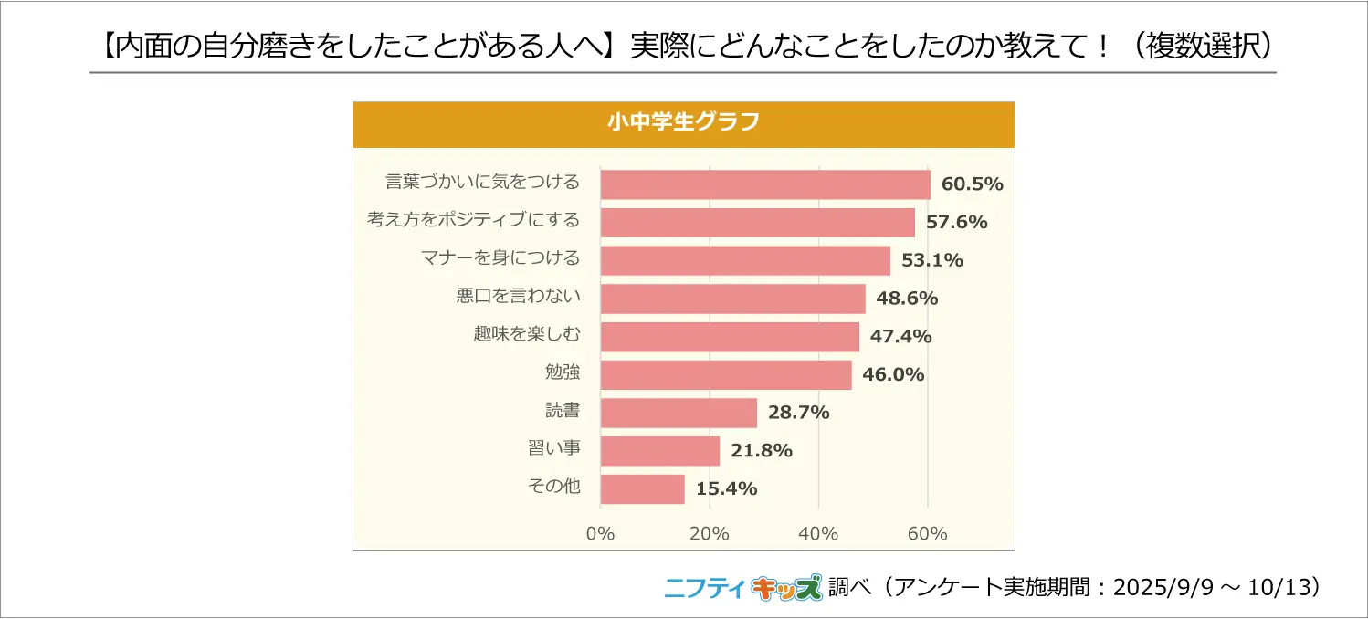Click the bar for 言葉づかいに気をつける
765,184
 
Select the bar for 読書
679,413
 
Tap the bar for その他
642,489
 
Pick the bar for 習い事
659,451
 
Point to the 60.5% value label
973,184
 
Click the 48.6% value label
907,299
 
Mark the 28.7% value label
798,413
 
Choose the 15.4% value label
726,489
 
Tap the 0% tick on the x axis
600,534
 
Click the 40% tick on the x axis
818,534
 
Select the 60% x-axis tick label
928,534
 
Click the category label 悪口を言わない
518,297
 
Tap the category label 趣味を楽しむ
526,335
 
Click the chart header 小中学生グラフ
683,123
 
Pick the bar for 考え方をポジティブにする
757,223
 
